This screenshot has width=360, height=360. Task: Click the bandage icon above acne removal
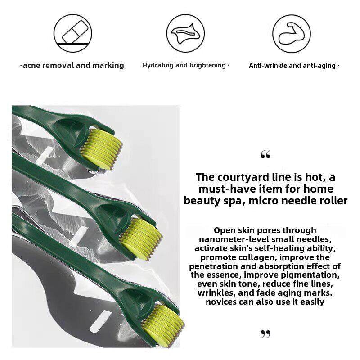pos(73,33)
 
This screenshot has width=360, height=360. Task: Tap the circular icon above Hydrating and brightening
pos(185,33)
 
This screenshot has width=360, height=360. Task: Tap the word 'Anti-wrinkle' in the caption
pos(268,66)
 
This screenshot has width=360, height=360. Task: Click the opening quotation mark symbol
pos(265,154)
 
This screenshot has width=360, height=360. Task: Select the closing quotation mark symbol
pos(265,334)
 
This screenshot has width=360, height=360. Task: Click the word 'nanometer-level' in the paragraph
pos(234,239)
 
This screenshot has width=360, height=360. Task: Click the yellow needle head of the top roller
pos(101,149)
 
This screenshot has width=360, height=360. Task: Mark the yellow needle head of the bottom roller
pos(164,325)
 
